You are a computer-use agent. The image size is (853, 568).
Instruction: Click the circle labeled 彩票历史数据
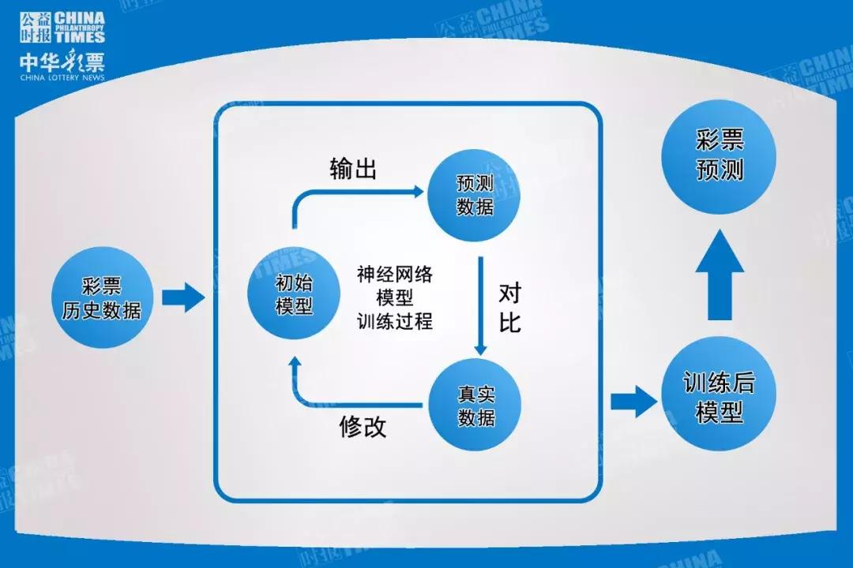[102, 298]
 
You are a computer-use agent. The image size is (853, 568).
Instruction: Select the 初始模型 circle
[294, 295]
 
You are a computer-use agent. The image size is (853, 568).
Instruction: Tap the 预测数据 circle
[475, 195]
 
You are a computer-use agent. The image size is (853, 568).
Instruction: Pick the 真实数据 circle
[475, 405]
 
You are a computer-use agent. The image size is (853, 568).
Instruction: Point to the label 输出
[353, 170]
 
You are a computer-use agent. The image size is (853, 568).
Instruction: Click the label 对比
[510, 308]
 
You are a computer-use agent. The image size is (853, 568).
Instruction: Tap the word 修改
[363, 426]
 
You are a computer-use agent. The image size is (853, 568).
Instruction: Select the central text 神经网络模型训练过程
[394, 297]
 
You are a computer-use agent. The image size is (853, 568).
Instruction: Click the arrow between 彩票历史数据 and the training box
[182, 297]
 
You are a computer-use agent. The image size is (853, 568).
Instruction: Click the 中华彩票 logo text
[62, 62]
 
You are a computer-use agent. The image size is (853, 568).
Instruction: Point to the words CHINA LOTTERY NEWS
[61, 78]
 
